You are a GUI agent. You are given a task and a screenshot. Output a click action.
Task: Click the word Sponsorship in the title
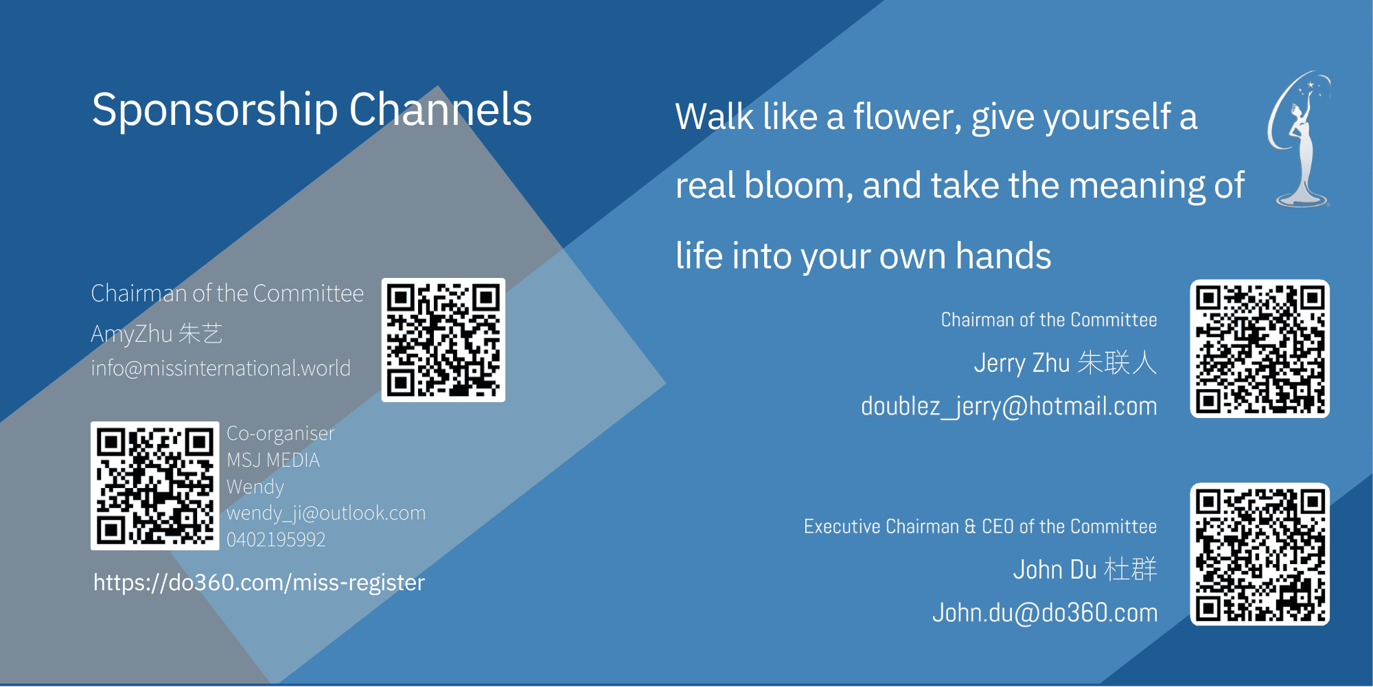tap(215, 110)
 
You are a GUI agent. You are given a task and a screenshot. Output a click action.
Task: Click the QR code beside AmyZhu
tap(443, 340)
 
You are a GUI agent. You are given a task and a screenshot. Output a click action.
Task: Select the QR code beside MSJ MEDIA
tap(155, 486)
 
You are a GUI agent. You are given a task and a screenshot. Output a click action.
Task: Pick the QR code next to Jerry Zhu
tap(1260, 349)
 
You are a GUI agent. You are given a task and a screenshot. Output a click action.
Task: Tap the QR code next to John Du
tap(1260, 555)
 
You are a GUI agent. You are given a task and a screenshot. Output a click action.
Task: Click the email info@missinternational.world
tap(220, 369)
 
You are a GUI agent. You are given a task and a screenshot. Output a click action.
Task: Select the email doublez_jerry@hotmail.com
tap(1009, 406)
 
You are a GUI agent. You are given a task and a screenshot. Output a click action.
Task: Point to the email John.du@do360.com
tap(1045, 612)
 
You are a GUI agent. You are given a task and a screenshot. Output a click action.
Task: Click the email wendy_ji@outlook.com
tap(326, 513)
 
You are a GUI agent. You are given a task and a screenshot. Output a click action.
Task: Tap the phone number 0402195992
tap(276, 539)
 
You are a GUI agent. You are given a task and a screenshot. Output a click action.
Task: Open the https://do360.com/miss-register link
tap(259, 583)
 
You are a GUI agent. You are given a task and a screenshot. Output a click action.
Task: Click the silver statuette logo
tap(1299, 139)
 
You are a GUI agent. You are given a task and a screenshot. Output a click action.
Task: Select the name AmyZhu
tap(132, 334)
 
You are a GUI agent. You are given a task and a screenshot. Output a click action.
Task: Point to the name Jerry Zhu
tap(1022, 363)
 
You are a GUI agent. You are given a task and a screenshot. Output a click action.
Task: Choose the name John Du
tap(1055, 570)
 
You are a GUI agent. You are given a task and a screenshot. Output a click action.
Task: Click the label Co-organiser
tap(281, 434)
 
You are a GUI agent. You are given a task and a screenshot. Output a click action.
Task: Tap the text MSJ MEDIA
tap(273, 460)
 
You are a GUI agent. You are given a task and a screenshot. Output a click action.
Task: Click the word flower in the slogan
tap(907, 117)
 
